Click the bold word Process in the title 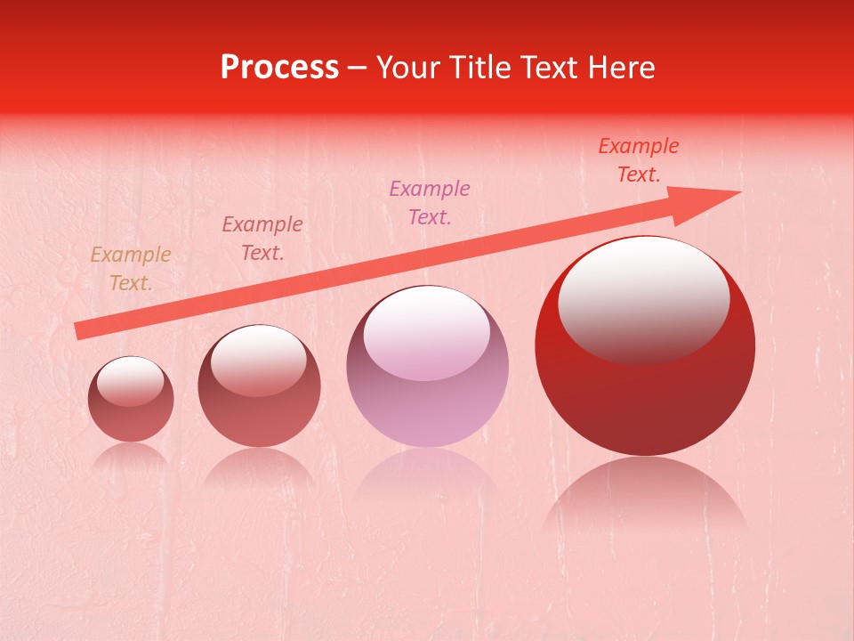[x=279, y=68]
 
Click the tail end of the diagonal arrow [x=80, y=330]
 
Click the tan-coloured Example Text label [x=131, y=269]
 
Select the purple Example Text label [x=430, y=202]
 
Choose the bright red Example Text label [x=639, y=160]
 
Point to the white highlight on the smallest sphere [x=131, y=380]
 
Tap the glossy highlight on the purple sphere [x=427, y=332]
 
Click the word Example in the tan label [x=131, y=256]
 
